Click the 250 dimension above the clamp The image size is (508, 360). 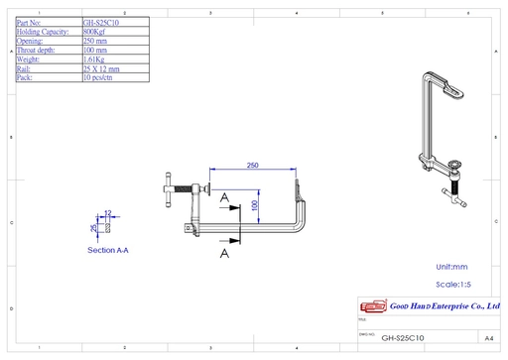[252, 165]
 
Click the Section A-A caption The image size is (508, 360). [108, 251]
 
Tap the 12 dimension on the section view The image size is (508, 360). [108, 212]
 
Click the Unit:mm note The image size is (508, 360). [452, 267]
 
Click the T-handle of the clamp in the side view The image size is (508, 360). [168, 192]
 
